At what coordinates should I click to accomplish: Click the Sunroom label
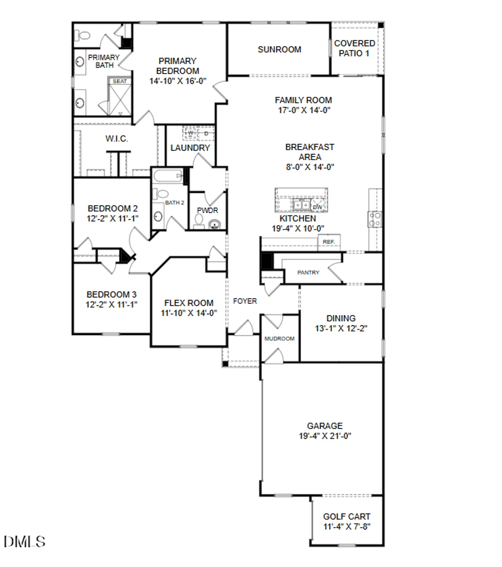pos(279,50)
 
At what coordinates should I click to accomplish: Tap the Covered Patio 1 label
pos(354,48)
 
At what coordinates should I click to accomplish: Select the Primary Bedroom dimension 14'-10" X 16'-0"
pos(177,81)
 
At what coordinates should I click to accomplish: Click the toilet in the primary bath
pos(83,36)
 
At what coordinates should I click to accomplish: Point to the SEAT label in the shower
pos(120,81)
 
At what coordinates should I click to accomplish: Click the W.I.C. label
pos(117,139)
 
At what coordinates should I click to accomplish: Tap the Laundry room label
pos(190,148)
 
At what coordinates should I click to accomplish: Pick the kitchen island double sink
pos(301,204)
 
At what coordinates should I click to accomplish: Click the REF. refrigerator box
pos(329,242)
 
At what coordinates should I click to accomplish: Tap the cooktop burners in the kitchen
pos(375,219)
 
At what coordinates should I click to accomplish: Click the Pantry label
pos(308,272)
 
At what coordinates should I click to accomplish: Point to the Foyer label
pos(245,301)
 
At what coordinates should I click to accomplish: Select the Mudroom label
pos(279,338)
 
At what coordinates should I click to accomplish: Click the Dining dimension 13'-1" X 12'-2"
pos(341,328)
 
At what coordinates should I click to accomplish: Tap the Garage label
pos(325,426)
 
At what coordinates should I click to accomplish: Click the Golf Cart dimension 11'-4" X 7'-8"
pos(347,527)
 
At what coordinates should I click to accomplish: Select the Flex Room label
pos(189,303)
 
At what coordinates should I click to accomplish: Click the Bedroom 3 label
pos(111,294)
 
